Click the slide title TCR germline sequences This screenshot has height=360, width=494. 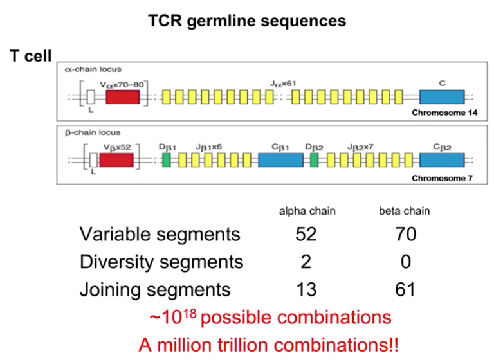(247, 21)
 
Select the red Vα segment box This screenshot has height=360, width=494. (122, 97)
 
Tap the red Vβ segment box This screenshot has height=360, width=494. (116, 160)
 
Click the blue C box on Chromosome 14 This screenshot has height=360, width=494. (442, 97)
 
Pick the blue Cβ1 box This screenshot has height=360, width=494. (280, 160)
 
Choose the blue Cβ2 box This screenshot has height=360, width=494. (442, 160)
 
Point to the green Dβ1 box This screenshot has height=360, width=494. (167, 160)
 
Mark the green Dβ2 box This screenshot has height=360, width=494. (315, 160)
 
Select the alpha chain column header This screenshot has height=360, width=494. (307, 211)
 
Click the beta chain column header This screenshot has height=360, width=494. (404, 211)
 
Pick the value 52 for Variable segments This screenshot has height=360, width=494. (306, 234)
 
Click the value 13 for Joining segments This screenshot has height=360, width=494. (306, 289)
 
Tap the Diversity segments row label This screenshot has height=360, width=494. (161, 262)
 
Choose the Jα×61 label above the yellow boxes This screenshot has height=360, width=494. (283, 83)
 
